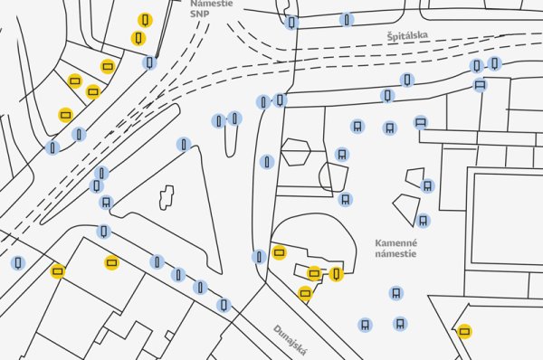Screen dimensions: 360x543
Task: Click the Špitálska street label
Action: point(406,36)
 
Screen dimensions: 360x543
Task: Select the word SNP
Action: point(199,15)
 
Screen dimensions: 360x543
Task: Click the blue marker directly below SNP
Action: point(150,62)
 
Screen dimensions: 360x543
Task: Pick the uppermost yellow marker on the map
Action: point(145,20)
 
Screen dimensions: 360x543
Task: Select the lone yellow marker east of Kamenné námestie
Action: point(465,331)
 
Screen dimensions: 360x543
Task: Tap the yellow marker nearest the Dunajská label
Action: point(305,293)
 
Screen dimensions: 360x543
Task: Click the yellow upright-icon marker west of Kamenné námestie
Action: point(337,273)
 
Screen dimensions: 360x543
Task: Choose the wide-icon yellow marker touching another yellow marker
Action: point(314,272)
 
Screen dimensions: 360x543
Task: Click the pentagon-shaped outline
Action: point(295,151)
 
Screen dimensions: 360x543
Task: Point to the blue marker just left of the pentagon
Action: point(267,162)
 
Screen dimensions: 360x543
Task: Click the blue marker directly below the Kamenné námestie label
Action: point(396,292)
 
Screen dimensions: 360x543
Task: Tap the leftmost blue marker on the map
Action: point(17,264)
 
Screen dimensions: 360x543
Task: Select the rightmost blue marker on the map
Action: point(495,63)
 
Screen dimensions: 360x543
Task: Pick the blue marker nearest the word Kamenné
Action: point(423,220)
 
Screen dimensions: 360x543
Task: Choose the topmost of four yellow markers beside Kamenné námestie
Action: point(280,251)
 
